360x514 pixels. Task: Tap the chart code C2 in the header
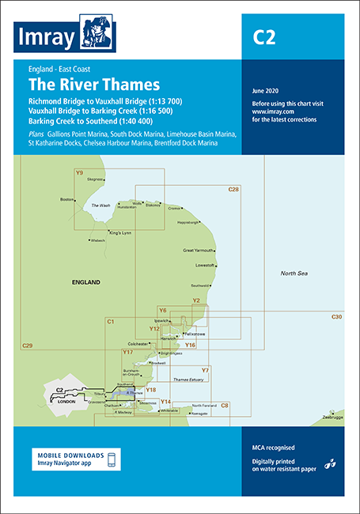tap(263, 37)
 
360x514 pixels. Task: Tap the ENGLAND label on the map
tap(85, 282)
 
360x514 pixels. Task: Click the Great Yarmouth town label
tap(199, 251)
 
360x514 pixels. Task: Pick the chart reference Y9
tap(79, 172)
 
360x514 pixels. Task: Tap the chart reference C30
tap(336, 317)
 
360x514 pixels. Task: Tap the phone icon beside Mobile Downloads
tap(112, 460)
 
